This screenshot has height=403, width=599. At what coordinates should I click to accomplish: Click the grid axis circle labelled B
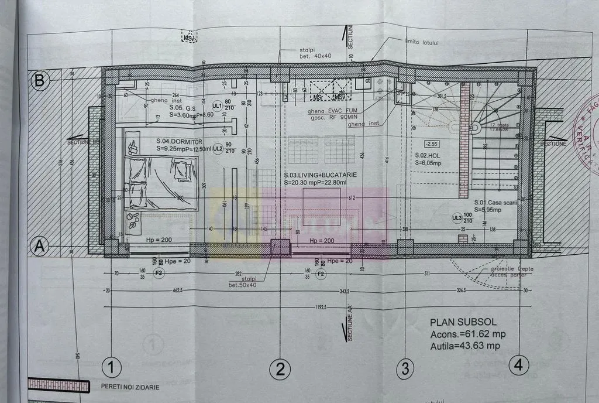click(x=39, y=81)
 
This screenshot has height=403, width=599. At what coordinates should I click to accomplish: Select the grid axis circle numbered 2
click(x=280, y=368)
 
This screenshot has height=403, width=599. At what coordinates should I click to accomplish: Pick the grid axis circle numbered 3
click(x=405, y=368)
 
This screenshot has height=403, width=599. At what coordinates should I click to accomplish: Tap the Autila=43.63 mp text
click(x=465, y=346)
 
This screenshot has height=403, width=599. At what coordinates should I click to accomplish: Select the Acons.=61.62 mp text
click(x=467, y=334)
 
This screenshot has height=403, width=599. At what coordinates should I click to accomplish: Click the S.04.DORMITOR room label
click(x=179, y=141)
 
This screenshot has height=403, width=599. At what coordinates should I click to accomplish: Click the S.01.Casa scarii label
click(x=496, y=202)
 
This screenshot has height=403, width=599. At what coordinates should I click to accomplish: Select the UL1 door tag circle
click(x=218, y=106)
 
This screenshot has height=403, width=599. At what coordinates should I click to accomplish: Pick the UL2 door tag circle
click(x=218, y=148)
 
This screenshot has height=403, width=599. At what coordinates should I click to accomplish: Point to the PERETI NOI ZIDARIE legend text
click(x=130, y=387)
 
